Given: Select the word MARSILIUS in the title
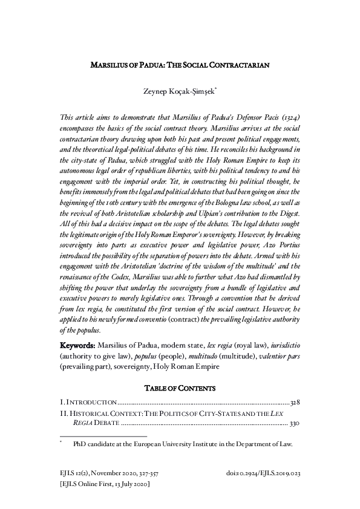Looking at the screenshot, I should click(109, 64).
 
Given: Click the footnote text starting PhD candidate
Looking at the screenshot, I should click(182, 444).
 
